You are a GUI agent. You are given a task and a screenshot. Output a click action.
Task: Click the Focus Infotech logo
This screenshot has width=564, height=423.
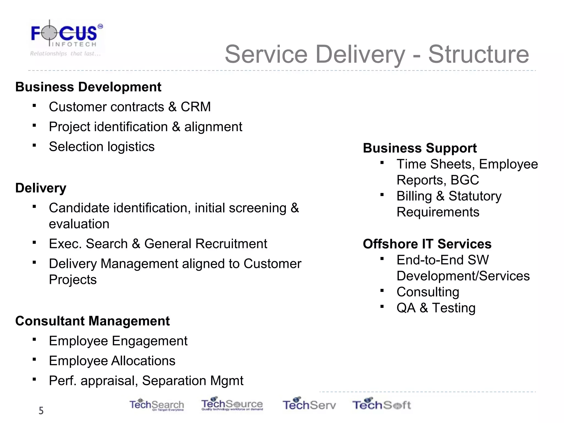tap(66, 38)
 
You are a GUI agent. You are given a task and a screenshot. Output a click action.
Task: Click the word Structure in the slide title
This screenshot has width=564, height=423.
tap(478, 54)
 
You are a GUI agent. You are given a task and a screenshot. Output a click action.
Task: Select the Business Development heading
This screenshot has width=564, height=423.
tap(88, 87)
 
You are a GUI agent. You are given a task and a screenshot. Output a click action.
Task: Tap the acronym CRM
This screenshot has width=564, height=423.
tap(196, 107)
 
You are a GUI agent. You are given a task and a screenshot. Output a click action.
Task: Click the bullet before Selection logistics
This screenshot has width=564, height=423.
tap(34, 145)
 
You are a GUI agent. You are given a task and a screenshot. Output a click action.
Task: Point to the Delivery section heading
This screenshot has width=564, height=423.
tap(41, 188)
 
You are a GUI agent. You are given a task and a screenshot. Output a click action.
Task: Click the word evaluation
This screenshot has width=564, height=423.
tap(79, 224)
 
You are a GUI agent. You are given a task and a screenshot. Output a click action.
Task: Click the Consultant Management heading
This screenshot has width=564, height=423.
tap(93, 321)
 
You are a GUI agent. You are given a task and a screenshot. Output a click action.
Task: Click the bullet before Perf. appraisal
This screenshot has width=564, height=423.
tap(34, 379)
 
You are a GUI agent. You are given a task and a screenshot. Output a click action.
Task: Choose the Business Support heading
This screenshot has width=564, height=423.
tap(420, 148)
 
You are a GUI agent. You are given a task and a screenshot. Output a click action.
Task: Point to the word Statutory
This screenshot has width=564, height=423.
tap(475, 196)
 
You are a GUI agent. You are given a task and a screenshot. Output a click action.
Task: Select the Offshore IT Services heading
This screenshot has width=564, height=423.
tap(427, 244)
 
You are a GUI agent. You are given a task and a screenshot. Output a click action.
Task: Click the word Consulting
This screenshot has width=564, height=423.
tap(428, 292)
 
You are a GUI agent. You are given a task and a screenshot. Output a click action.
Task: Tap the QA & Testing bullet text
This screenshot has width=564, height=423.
tap(436, 308)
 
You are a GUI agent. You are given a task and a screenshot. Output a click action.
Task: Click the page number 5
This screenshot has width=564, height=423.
tap(41, 411)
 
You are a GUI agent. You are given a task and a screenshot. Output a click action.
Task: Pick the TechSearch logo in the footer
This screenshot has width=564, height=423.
tap(157, 405)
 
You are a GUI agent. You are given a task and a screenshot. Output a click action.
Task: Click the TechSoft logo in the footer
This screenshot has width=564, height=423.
tap(381, 405)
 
